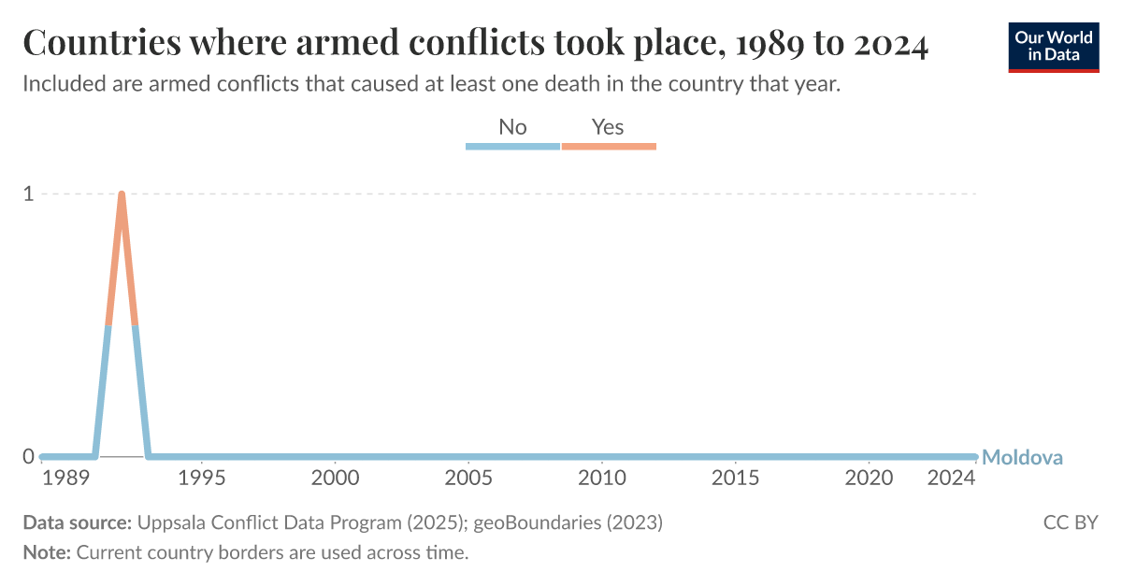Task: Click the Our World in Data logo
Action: [x=1054, y=46]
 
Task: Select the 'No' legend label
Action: [x=512, y=127]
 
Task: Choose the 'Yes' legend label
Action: [x=608, y=127]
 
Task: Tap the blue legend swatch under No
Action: [x=512, y=146]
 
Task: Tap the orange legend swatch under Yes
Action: [x=609, y=146]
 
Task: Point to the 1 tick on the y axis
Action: [x=28, y=194]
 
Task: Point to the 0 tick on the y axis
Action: [x=28, y=457]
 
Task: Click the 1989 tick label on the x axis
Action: [x=60, y=478]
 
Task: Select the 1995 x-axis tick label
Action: [x=202, y=478]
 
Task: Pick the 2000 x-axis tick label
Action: [x=335, y=478]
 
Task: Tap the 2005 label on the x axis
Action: [x=468, y=478]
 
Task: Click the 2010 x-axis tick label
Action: [x=602, y=478]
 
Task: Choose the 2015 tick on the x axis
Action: [x=736, y=478]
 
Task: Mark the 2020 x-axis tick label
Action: [x=870, y=478]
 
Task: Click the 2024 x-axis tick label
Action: [x=952, y=478]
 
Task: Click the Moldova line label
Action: [x=1023, y=458]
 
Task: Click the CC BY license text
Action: [x=1071, y=522]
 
